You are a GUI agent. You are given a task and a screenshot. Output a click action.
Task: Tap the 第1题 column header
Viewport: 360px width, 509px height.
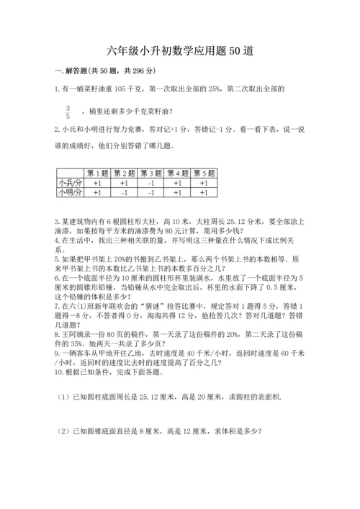[x=97, y=173]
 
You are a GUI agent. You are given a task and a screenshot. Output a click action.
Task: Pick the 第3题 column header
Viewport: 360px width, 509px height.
[x=150, y=173]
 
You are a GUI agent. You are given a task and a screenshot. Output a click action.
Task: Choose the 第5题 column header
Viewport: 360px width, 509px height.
[x=204, y=173]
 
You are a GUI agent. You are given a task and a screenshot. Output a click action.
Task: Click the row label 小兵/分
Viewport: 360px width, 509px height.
[x=70, y=183]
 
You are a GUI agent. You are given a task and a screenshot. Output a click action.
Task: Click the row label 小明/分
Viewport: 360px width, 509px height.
[x=70, y=192]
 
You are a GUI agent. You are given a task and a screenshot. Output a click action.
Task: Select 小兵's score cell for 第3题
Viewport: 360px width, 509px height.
[x=150, y=183]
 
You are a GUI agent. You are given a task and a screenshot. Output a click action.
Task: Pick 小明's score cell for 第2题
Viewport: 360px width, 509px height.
[x=124, y=192]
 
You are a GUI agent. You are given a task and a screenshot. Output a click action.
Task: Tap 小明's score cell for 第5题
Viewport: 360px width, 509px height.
[x=204, y=192]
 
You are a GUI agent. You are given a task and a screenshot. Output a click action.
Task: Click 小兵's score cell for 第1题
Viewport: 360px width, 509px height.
[x=97, y=183]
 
